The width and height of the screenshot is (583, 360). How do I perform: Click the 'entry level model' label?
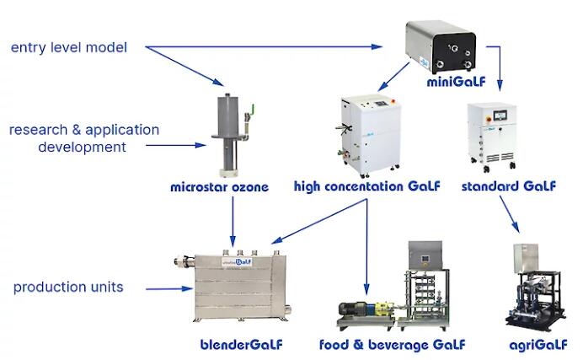pyautogui.click(x=69, y=47)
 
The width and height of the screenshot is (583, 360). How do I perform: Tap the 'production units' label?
pyautogui.click(x=68, y=287)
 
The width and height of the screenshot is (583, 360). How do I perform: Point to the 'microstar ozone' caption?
pyautogui.click(x=219, y=187)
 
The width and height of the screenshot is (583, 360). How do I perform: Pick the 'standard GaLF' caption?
pyautogui.click(x=509, y=186)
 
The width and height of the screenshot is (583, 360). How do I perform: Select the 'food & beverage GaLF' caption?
pyautogui.click(x=392, y=344)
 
